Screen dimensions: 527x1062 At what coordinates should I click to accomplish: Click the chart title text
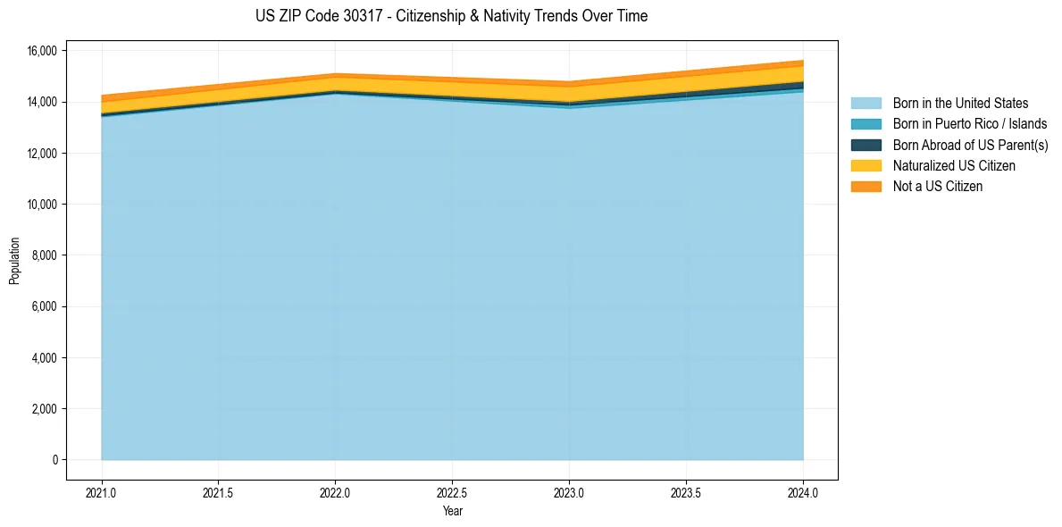[x=451, y=16]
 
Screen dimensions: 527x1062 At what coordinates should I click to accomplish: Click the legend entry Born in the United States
[x=960, y=104]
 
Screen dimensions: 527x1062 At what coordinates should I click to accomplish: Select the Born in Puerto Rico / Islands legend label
[x=970, y=124]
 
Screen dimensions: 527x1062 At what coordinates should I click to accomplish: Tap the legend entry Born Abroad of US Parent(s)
[x=970, y=145]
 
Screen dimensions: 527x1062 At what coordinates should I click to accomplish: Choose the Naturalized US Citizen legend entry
[x=954, y=165]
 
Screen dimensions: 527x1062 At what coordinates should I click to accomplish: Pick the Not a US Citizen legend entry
[x=938, y=186]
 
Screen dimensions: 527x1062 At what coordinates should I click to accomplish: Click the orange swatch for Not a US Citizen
[x=865, y=186]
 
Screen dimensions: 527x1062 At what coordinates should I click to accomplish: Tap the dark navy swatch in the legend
[x=865, y=145]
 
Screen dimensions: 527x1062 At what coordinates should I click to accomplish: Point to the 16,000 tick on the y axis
[x=42, y=51]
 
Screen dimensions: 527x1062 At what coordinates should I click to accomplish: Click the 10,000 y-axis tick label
[x=42, y=205]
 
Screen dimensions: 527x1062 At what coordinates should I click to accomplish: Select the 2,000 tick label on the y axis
[x=45, y=409]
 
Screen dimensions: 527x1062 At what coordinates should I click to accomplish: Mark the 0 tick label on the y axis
[x=54, y=460]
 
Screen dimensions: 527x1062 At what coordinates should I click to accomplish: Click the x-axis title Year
[x=452, y=511]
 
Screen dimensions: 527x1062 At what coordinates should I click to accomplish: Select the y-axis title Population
[x=14, y=261]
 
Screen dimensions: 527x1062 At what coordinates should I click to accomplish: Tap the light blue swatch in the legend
[x=865, y=104]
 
